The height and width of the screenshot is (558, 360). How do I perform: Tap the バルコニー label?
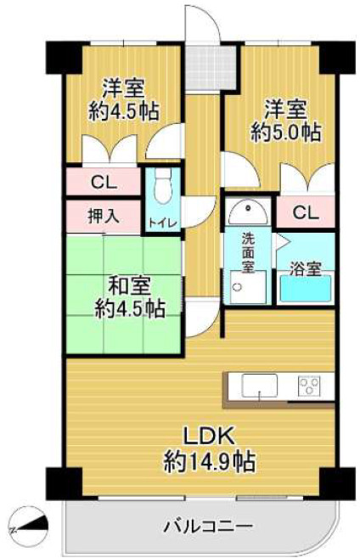point(203,524)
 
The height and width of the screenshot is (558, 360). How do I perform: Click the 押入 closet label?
point(103,216)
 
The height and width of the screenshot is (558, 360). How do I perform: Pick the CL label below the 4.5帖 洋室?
point(104,181)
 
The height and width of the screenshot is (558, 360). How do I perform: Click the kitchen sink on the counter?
point(254,386)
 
